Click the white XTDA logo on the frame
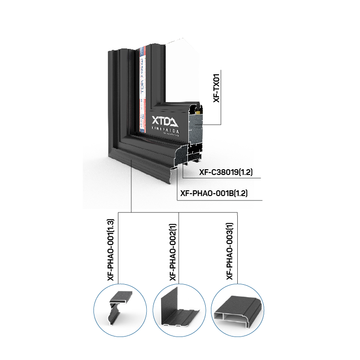tap(164, 120)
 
